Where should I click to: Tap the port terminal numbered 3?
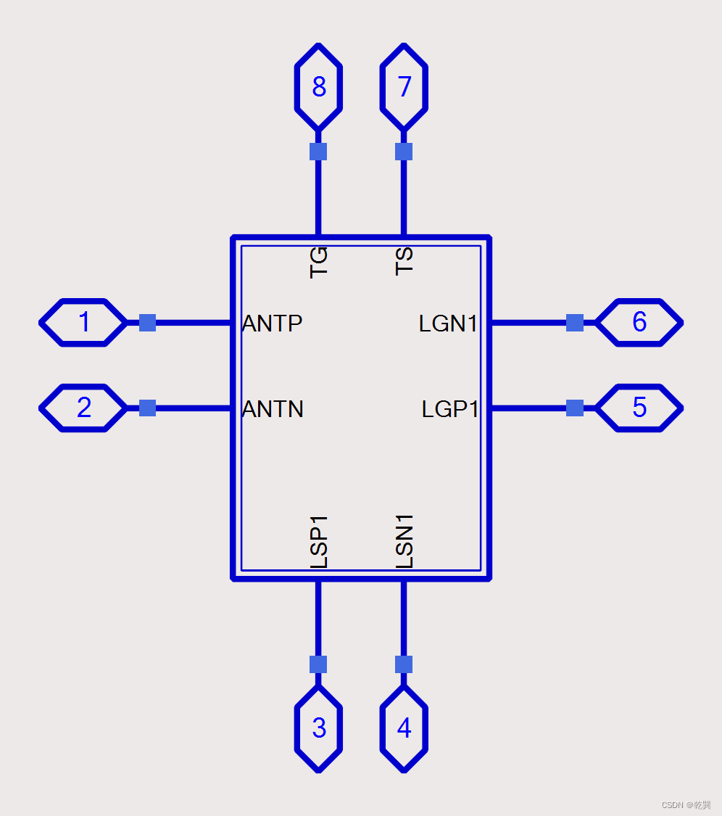[x=318, y=728]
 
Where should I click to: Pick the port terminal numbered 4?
[x=404, y=728]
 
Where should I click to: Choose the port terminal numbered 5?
[x=639, y=408]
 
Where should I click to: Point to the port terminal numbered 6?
[x=639, y=322]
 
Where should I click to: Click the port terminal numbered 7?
[x=404, y=87]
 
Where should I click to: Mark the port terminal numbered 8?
[x=318, y=87]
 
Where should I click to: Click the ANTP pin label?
[x=273, y=323]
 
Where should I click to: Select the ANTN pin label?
[x=273, y=409]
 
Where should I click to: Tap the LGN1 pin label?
[x=449, y=323]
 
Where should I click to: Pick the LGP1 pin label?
[x=450, y=409]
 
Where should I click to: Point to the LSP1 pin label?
[x=319, y=541]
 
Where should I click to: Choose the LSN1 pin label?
[x=404, y=541]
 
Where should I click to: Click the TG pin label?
[x=319, y=261]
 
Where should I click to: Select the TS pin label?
[x=404, y=261]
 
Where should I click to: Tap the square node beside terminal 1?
[x=147, y=322]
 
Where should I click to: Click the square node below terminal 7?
[x=404, y=151]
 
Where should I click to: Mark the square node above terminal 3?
[x=318, y=664]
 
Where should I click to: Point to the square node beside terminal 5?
[x=575, y=408]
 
